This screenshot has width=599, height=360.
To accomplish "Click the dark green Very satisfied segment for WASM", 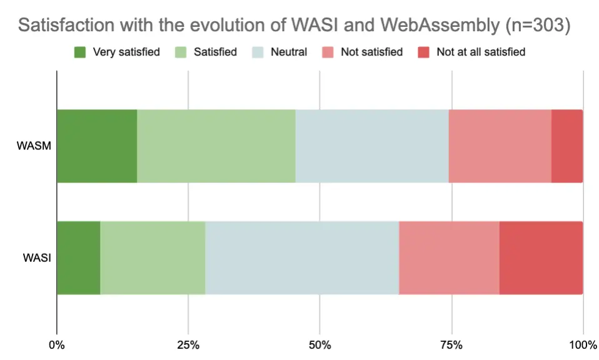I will coord(97,146).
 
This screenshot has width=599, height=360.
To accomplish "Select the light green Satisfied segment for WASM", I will coord(216,146).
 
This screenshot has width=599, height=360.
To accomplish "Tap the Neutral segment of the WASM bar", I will coord(372,146).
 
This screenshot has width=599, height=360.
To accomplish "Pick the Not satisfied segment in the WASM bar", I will coord(500,146).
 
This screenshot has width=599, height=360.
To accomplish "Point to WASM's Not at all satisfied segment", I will coord(567,146).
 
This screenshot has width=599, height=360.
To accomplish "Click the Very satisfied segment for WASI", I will coord(79,257).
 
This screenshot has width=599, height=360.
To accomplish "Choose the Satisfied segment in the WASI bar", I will coord(153,257).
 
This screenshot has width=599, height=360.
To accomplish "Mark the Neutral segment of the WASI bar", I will coord(302,257).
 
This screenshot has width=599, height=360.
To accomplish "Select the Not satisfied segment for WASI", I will coord(449,257).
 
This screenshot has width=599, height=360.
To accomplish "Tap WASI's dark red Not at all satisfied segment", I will coord(541,257).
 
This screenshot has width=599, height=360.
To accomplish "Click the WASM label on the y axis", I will coord(33,146).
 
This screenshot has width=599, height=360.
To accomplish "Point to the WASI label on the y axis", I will coord(35,257).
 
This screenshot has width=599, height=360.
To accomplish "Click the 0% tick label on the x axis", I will coord(57,345).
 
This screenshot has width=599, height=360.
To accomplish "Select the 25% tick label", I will coord(188,345).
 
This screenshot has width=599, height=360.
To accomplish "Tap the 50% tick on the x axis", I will coord(320,345).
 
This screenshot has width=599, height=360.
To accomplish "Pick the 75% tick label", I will coord(451,345).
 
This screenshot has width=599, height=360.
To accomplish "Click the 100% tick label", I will coord(582,345).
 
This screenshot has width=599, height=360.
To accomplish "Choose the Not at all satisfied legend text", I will coord(481,52).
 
